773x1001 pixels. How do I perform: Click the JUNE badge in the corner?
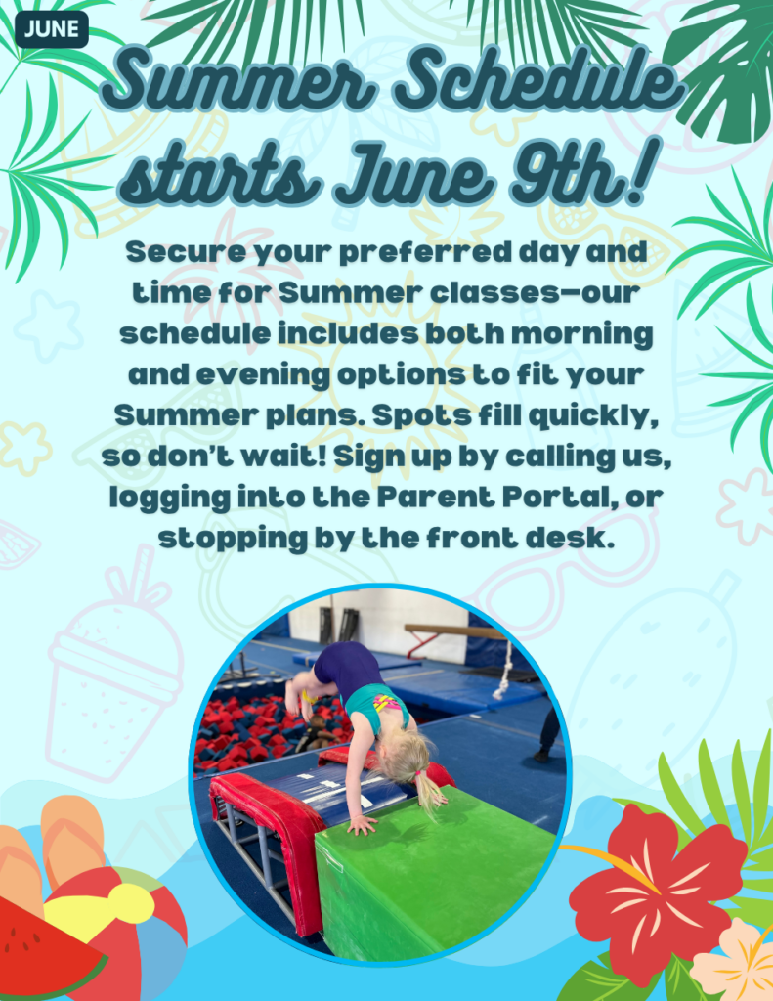[51, 29]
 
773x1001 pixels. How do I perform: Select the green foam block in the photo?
[435, 876]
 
